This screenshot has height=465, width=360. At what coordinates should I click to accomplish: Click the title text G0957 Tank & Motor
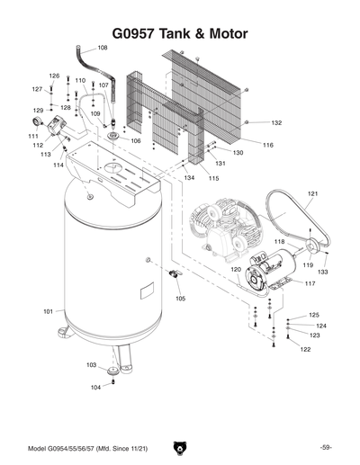tap(180, 33)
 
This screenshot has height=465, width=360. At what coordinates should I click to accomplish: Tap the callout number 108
tap(102, 47)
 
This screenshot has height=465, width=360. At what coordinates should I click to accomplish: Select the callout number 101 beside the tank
tap(49, 311)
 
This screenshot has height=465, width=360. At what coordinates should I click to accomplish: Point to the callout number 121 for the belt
tap(313, 193)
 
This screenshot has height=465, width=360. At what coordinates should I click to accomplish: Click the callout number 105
tap(180, 298)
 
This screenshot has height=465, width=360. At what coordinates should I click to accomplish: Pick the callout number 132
tap(276, 122)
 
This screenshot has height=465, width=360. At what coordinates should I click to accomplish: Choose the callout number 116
tap(267, 145)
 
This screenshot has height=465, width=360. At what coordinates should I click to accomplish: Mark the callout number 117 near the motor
tap(310, 284)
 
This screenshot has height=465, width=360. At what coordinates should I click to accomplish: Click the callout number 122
tap(305, 349)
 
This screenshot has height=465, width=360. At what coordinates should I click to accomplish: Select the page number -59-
tap(326, 448)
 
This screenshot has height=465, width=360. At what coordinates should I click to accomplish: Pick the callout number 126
tap(54, 76)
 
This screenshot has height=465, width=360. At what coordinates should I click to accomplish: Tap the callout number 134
tap(189, 178)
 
